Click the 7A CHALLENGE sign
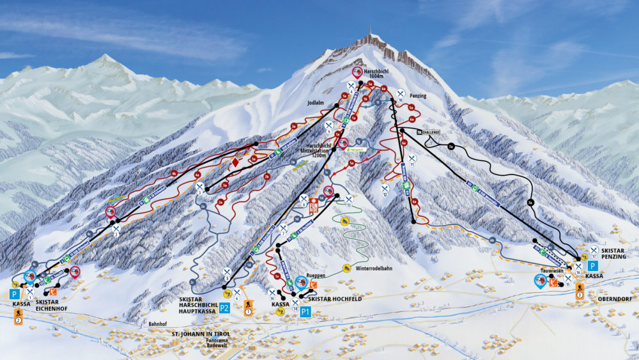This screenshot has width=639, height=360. click(429, 132)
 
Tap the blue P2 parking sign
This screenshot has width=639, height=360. click(224, 308)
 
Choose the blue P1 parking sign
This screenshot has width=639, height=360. click(305, 312)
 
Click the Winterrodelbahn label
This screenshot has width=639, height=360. click(374, 269)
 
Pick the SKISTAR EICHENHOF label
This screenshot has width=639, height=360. click(47, 304)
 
